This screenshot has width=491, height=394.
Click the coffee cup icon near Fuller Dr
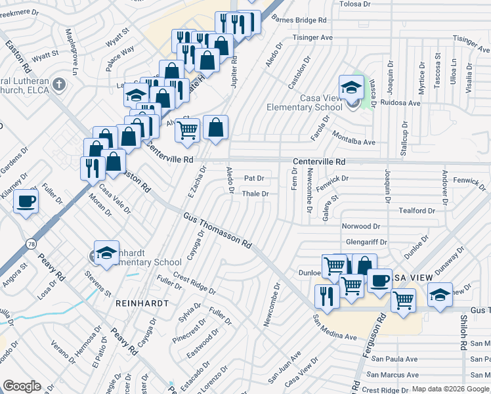26,201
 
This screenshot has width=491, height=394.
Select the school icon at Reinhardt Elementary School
106,253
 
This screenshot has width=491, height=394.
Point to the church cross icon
59,84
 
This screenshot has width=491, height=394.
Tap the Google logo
22,385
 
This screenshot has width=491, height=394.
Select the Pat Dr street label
253,178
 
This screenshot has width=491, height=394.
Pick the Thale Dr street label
255,194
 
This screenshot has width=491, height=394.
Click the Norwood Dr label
361,227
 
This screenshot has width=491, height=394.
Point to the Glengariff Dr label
366,242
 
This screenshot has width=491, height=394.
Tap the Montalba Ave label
353,142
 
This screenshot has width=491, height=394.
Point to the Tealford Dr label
417,211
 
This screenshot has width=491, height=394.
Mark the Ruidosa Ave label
399,103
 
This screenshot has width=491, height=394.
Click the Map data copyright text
450,389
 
